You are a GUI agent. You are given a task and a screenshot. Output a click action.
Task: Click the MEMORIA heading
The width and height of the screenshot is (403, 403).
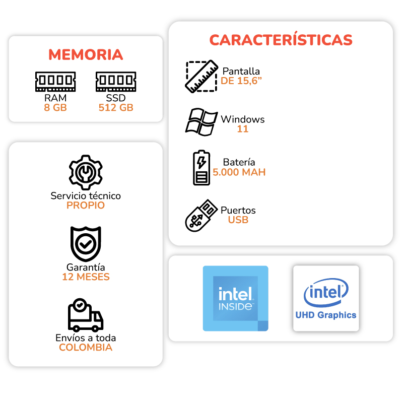[x=86, y=54]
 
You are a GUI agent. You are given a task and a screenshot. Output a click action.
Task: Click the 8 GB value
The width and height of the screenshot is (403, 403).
[x=55, y=107]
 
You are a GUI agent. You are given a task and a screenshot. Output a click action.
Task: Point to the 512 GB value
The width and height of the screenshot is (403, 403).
[x=116, y=107]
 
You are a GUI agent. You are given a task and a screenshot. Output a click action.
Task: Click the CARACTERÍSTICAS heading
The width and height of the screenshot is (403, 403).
[x=281, y=40]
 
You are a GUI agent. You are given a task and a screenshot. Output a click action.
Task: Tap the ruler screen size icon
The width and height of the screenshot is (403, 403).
[x=200, y=77]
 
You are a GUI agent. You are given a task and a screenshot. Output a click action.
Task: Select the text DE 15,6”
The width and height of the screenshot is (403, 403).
[x=241, y=81]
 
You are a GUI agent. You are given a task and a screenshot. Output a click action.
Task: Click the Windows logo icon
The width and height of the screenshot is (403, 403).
[x=201, y=122]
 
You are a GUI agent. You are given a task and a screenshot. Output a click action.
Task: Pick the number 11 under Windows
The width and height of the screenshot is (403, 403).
[x=243, y=129]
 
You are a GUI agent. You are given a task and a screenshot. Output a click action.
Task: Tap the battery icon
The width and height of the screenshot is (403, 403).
[x=201, y=167]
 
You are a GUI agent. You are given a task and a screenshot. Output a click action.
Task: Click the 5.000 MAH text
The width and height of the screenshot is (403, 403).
[x=239, y=172]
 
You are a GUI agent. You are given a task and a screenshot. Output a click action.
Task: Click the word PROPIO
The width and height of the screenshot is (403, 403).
[x=86, y=206]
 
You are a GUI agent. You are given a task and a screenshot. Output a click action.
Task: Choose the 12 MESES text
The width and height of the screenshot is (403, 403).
[x=86, y=277]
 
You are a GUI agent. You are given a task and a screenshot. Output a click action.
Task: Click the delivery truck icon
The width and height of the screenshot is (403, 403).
[x=85, y=316]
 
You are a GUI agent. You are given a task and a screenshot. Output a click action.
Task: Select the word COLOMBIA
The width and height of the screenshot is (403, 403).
[x=86, y=348]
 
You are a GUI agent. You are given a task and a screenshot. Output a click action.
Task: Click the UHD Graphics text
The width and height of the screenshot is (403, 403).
[x=326, y=315]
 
